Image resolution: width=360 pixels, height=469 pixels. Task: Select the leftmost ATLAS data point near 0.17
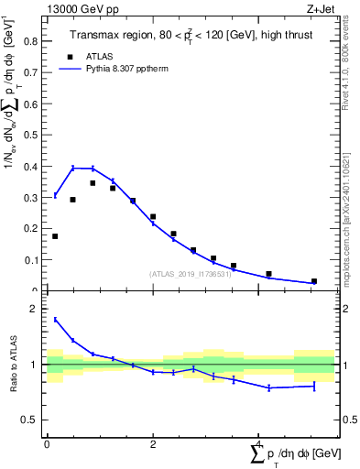[x=55, y=236]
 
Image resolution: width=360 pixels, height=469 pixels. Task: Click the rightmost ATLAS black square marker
[x=314, y=281]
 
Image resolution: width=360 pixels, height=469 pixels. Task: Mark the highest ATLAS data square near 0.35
[x=93, y=182]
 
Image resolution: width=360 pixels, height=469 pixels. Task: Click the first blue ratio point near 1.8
[x=55, y=320]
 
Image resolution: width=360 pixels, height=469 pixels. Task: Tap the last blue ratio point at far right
[x=314, y=386]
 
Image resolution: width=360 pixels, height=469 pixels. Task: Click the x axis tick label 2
[x=152, y=443]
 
